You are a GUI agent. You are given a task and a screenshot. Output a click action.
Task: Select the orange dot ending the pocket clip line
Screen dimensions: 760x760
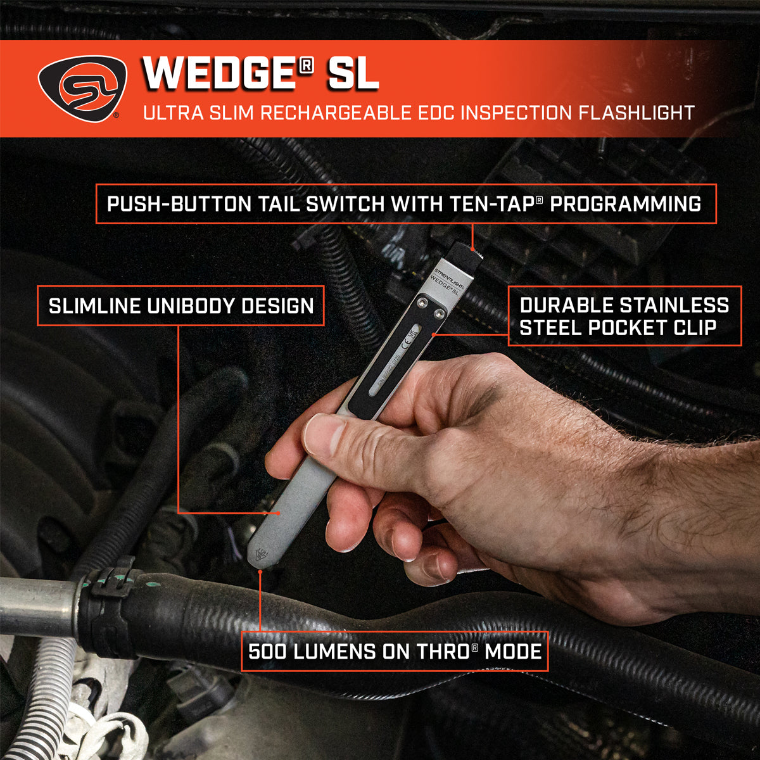(433, 332)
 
